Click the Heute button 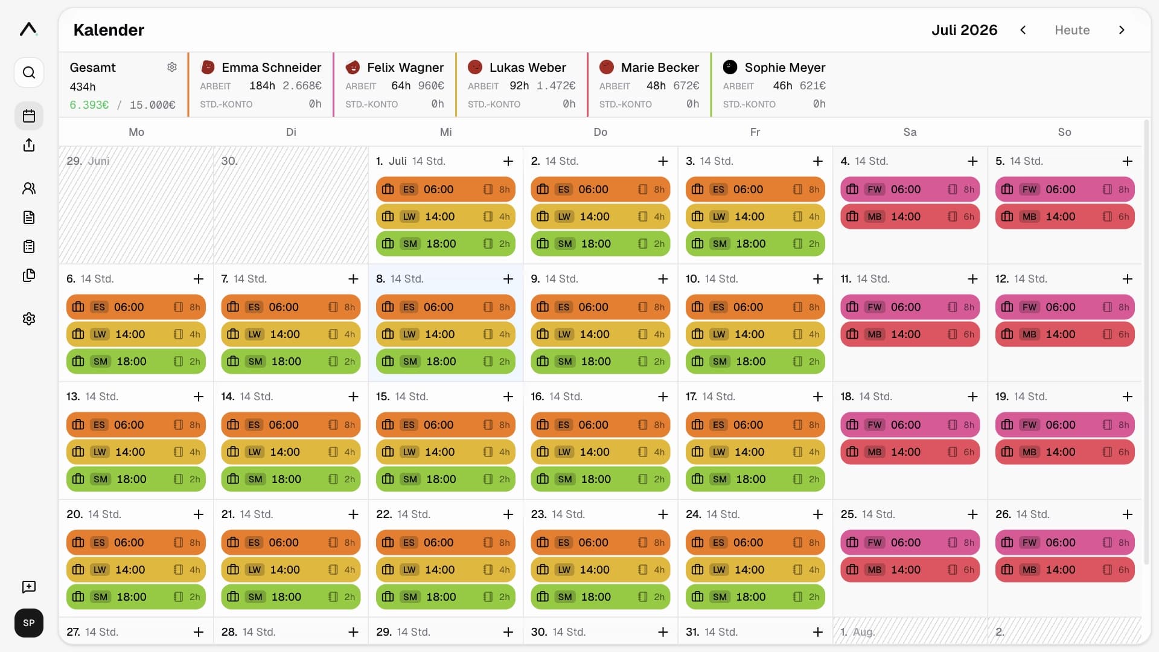1072,30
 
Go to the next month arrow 1122,30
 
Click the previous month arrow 1023,30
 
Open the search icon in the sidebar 29,73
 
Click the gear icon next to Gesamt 172,67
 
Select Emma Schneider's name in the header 271,68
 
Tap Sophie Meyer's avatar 730,67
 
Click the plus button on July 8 508,279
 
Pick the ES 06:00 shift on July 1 445,190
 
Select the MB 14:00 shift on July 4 910,217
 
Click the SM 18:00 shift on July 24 755,597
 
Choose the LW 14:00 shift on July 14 291,452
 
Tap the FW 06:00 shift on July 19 1065,425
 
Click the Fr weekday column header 755,132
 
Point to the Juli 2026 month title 964,30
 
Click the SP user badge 29,623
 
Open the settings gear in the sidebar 29,319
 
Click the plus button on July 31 818,632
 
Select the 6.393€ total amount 89,105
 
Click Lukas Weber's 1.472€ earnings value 556,86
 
